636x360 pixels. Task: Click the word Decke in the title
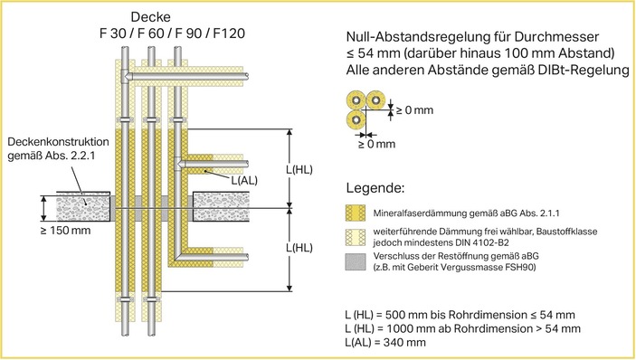(151, 16)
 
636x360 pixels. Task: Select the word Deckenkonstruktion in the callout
(57, 143)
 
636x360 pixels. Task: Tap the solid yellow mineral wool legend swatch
(357, 214)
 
